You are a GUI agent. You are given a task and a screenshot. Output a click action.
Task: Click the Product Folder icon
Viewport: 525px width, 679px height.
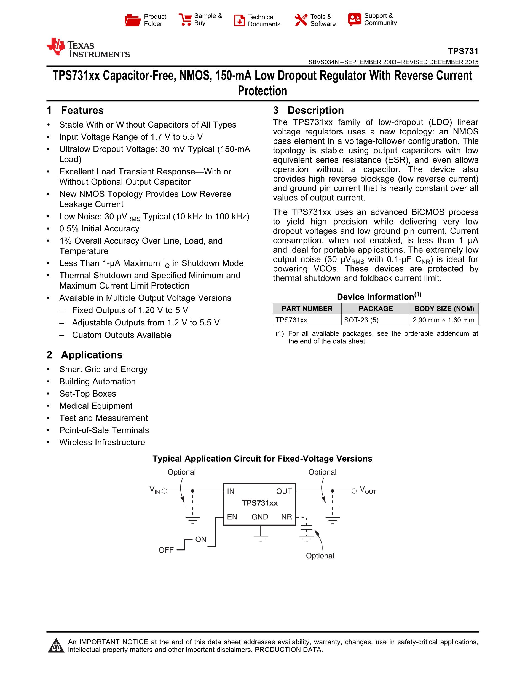133,20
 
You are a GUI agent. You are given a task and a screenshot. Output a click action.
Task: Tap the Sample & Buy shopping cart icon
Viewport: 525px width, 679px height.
185,20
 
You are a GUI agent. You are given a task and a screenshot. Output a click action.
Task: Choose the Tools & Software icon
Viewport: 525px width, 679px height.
301,20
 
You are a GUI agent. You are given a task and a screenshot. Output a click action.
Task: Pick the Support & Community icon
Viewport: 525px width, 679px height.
355,19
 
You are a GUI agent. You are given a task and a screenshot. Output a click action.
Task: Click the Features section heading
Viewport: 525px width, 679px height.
82,111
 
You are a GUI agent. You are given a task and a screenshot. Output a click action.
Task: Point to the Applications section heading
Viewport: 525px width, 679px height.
92,355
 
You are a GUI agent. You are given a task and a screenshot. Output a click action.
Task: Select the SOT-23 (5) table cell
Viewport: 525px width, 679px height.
361,320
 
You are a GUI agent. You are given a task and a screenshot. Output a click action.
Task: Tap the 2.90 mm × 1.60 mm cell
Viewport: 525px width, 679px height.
443,320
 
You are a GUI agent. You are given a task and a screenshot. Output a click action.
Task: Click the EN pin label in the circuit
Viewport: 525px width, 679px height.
232,517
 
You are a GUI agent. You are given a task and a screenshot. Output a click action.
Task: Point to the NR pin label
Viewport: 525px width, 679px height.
286,517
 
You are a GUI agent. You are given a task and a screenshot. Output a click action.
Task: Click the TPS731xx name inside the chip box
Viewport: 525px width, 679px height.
260,503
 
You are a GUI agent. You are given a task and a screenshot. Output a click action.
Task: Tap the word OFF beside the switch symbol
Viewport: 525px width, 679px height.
166,550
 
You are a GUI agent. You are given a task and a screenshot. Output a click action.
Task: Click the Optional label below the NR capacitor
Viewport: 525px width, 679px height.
320,556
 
